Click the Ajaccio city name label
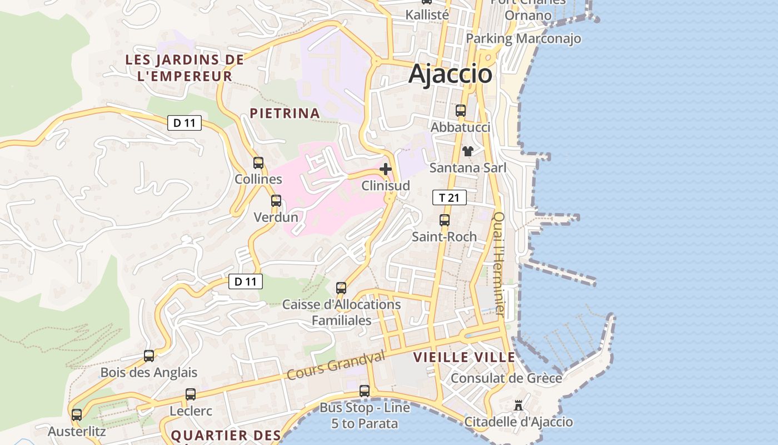pyautogui.click(x=450, y=74)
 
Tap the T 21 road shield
pyautogui.click(x=449, y=197)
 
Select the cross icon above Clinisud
pyautogui.click(x=386, y=169)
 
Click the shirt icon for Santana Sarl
pyautogui.click(x=467, y=151)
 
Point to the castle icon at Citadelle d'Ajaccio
pyautogui.click(x=518, y=405)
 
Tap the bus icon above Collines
pyautogui.click(x=258, y=163)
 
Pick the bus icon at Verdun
pyautogui.click(x=276, y=201)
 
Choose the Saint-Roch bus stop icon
pyautogui.click(x=445, y=220)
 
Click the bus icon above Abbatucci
pyautogui.click(x=461, y=111)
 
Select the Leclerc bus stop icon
pyautogui.click(x=191, y=394)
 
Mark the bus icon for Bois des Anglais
pyautogui.click(x=149, y=356)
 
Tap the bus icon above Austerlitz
pyautogui.click(x=77, y=415)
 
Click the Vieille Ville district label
pyautogui.click(x=465, y=357)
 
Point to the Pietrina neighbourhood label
pyautogui.click(x=285, y=113)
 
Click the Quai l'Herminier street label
pyautogui.click(x=499, y=264)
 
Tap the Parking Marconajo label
pyautogui.click(x=523, y=38)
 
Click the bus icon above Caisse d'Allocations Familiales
pyautogui.click(x=341, y=288)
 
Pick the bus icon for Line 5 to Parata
pyautogui.click(x=365, y=391)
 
